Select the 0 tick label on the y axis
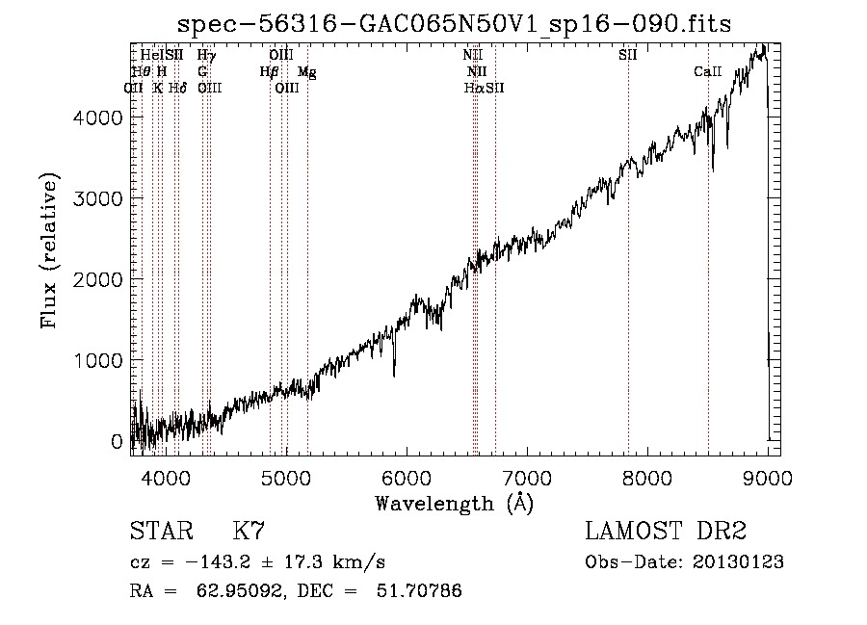117,441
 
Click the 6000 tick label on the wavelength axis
406,477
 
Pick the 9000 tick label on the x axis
768,477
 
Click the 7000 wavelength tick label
526,477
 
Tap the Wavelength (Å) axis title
454,503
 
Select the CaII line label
708,71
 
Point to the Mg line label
306,71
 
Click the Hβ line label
269,71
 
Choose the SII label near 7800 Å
628,56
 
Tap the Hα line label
473,88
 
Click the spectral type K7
249,531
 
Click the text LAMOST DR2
666,531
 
